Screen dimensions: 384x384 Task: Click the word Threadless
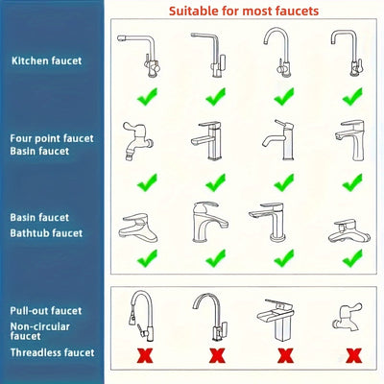coord(37,353)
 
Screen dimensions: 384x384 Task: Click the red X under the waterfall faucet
coord(284,355)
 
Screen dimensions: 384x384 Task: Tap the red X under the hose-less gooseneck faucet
coord(216,355)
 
